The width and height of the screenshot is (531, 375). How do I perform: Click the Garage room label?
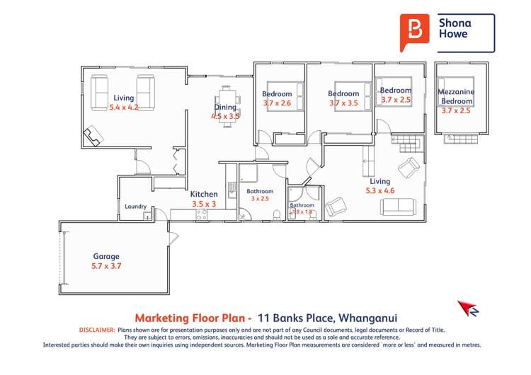tap(107, 256)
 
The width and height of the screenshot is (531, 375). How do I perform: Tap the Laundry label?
tap(135, 207)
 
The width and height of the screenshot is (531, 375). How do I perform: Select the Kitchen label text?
tap(204, 194)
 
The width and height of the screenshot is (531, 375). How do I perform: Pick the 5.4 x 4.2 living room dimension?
tap(124, 108)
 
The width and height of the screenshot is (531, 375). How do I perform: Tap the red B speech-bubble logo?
tap(415, 32)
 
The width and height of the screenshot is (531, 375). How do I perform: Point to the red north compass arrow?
tap(467, 308)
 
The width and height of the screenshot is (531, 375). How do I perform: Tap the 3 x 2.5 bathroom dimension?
tap(260, 199)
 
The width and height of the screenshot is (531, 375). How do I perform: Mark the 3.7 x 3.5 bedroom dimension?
tap(343, 103)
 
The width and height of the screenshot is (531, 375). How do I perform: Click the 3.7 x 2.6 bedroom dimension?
tap(277, 103)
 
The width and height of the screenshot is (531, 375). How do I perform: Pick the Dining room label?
tap(225, 108)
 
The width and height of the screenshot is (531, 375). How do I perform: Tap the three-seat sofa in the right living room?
tap(399, 207)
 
